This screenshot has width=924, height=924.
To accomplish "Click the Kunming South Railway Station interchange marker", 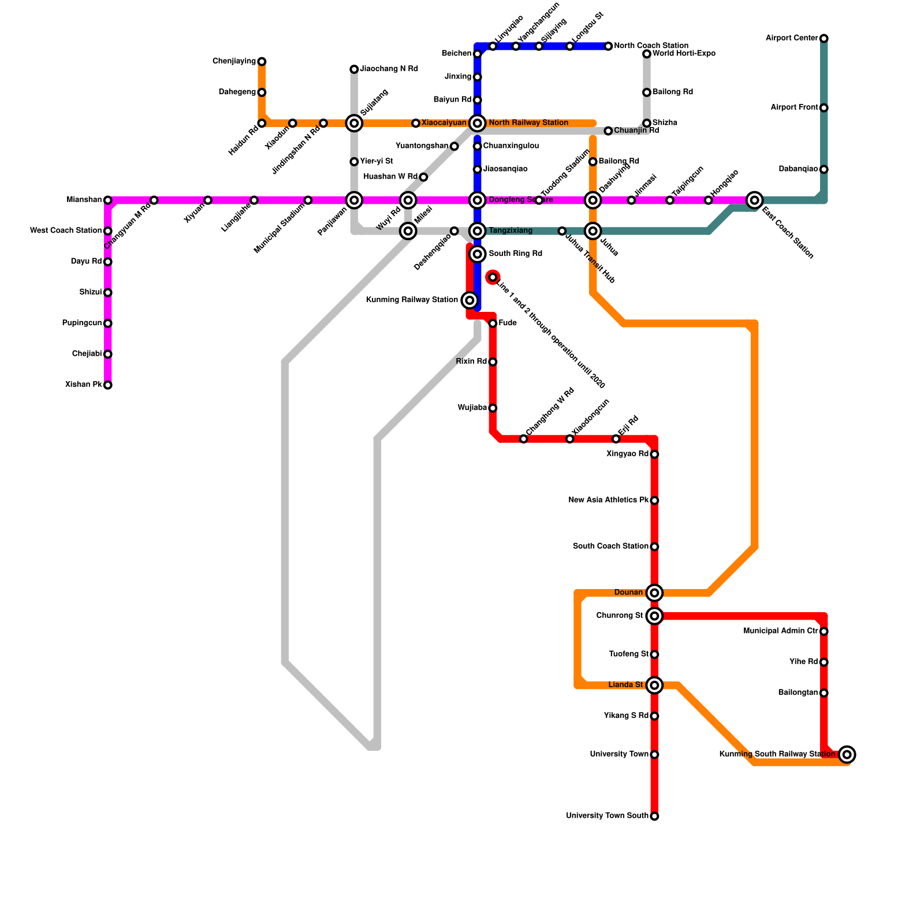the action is [847, 754].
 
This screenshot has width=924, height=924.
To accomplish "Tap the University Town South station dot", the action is [654, 816].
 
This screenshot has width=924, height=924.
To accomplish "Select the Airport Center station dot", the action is [824, 39].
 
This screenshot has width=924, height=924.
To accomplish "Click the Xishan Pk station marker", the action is [108, 385].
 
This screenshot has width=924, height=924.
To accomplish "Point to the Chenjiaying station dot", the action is [262, 62].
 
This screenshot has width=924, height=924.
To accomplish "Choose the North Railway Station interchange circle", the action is [477, 123].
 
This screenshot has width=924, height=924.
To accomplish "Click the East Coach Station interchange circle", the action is [754, 200].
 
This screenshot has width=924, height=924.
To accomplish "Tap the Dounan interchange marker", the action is [654, 593].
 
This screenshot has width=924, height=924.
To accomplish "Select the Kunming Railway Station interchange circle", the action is [470, 300].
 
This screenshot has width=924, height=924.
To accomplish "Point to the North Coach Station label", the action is [651, 46].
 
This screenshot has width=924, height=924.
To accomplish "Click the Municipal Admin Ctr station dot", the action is [824, 631].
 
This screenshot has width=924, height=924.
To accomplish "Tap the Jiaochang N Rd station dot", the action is [354, 69].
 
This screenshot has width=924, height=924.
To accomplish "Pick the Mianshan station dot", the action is [108, 200].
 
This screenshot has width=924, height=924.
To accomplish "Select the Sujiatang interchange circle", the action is [354, 123].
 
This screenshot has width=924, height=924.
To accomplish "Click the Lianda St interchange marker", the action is [654, 685].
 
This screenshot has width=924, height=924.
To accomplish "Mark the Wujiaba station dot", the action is [493, 408].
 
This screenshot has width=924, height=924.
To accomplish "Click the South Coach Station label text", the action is [610, 546].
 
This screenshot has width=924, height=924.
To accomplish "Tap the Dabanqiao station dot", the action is [824, 169].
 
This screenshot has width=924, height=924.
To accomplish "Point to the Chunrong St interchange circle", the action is [654, 616].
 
